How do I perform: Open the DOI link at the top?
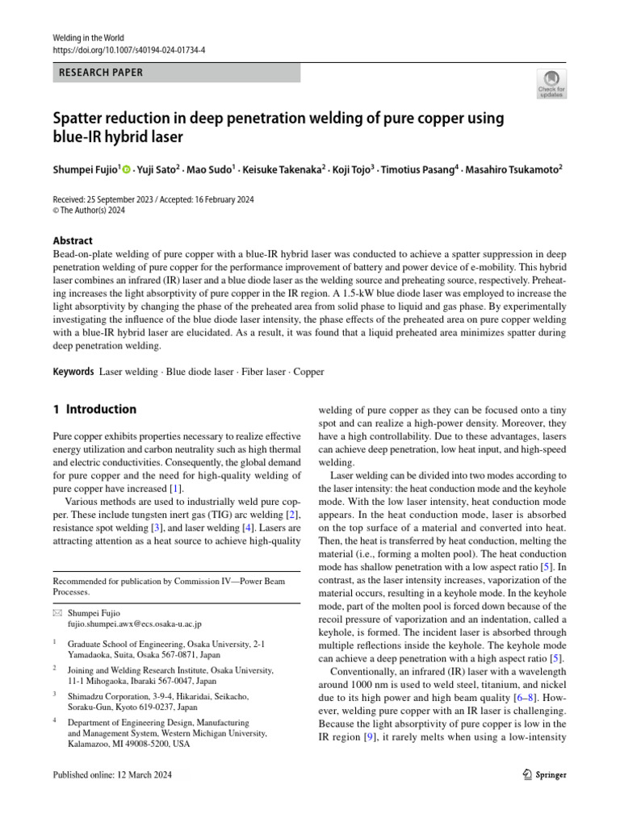[128, 49]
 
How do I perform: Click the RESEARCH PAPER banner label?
[100, 73]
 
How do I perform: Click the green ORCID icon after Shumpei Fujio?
[127, 169]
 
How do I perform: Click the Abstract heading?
[72, 240]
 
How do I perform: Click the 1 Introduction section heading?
[94, 409]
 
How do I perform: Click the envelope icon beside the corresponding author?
[57, 613]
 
